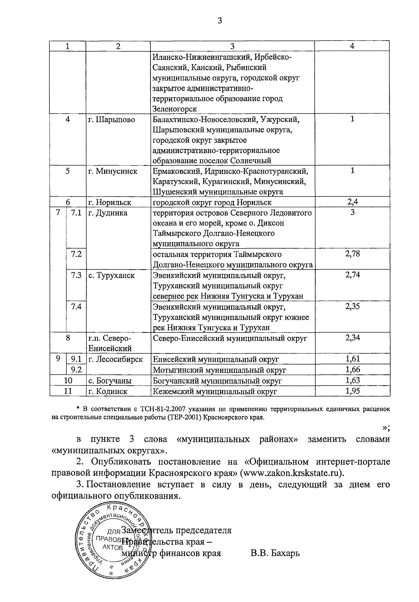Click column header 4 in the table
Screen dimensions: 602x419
click(x=352, y=46)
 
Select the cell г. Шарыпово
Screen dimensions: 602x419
click(x=111, y=120)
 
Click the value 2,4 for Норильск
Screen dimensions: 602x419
click(x=352, y=202)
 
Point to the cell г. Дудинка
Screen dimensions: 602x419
click(x=108, y=213)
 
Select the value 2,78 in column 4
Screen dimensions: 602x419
click(x=352, y=254)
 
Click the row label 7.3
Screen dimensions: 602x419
click(x=76, y=275)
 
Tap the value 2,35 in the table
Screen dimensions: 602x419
click(x=352, y=307)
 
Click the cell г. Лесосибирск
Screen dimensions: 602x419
click(x=116, y=359)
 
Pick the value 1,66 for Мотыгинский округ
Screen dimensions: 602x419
click(x=352, y=370)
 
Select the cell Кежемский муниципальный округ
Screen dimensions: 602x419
click(x=215, y=391)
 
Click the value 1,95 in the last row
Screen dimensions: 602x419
click(x=352, y=391)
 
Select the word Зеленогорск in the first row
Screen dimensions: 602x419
click(x=175, y=109)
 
